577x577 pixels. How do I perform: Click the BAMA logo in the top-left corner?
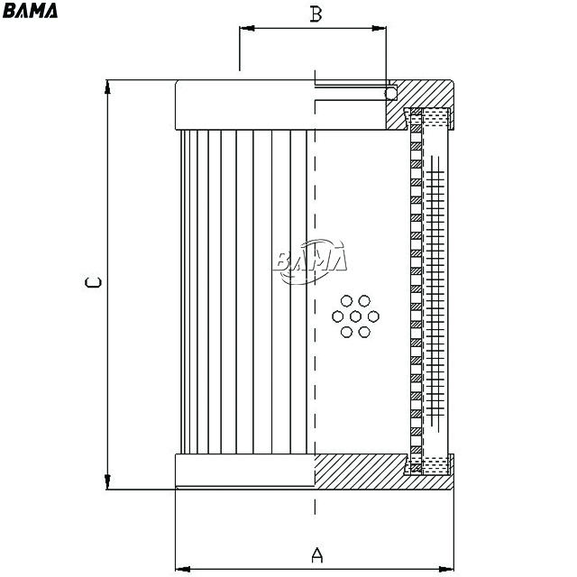pos(30,10)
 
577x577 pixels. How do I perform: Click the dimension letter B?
pos(316,14)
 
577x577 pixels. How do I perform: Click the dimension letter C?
pos(93,282)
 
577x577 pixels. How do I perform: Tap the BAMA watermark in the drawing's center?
pos(310,261)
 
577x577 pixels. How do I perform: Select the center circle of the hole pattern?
pos(355,316)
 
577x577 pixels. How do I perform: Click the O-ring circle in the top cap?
pos(390,94)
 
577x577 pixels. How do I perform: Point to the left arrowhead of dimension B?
pos(246,28)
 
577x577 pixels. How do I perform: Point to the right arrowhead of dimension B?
pos(379,28)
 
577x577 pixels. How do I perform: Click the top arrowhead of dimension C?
pos(107,87)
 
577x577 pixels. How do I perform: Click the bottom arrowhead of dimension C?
pos(107,482)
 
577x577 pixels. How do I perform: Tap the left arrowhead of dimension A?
pos(183,569)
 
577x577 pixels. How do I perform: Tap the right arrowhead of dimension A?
pos(446,569)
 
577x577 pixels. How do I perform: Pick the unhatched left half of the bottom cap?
pos(244,471)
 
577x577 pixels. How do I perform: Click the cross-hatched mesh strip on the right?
pos(435,290)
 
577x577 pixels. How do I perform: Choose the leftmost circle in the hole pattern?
pos(338,316)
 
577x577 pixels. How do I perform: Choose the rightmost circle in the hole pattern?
pos(373,316)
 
